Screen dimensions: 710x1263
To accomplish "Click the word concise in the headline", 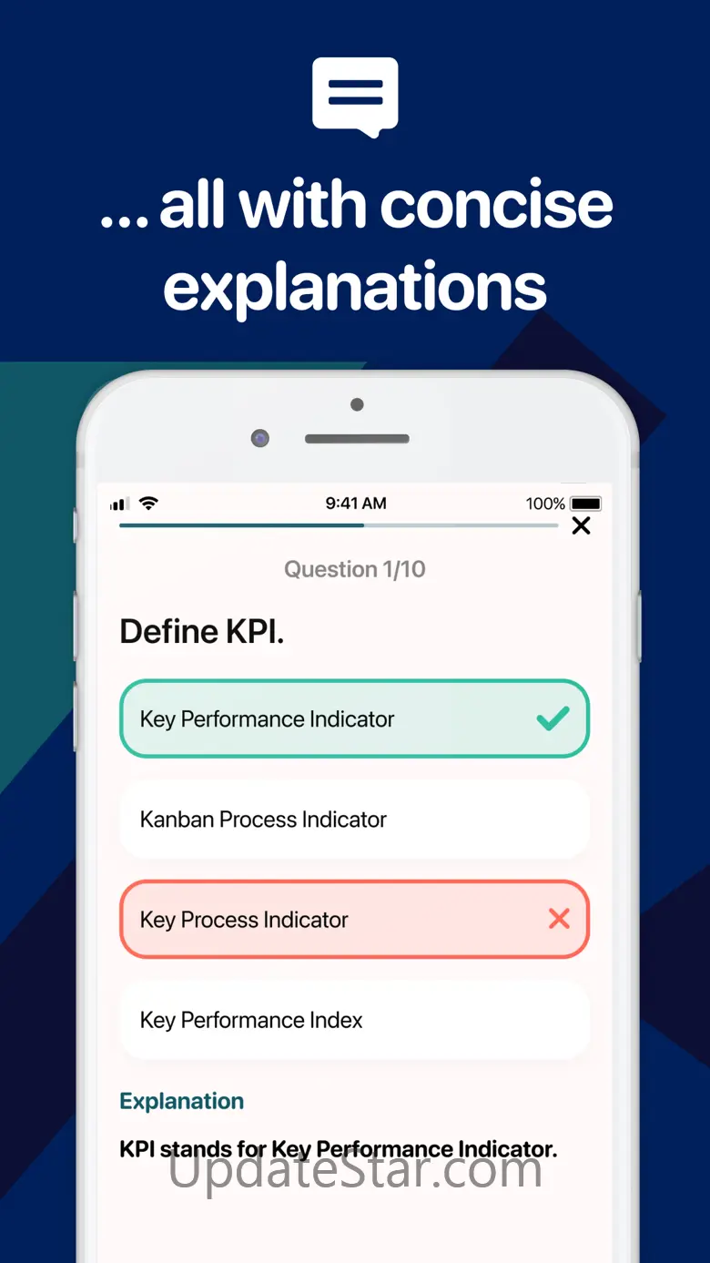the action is tap(496, 204).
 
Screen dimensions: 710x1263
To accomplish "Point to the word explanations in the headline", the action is tap(355, 289).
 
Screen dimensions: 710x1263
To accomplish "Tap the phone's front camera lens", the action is tap(259, 438).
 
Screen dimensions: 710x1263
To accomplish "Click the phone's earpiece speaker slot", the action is tap(357, 439).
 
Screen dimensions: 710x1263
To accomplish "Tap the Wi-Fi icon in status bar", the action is tap(148, 503).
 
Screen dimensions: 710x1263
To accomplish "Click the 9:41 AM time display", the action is tap(356, 504).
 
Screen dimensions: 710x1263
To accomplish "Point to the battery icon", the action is tap(586, 504).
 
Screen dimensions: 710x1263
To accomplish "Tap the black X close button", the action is tap(581, 525).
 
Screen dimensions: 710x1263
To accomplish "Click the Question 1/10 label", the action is tap(355, 569).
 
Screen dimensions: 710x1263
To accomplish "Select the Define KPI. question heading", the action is tap(202, 631).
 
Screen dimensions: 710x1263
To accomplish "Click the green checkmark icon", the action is tap(553, 718).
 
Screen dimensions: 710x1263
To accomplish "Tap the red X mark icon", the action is tap(559, 919).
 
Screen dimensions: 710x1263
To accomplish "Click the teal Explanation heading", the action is tap(181, 1101).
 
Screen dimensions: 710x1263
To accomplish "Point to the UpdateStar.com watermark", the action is tap(355, 1171).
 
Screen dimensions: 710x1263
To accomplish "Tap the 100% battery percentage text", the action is tap(545, 504).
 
